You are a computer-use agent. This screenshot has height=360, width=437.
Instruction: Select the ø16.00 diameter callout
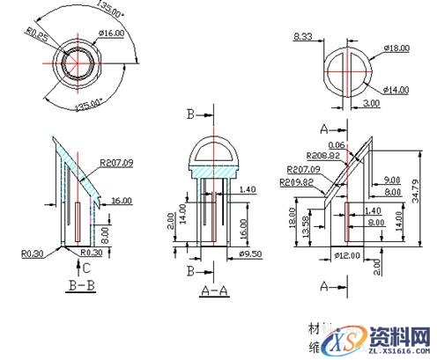click(x=110, y=33)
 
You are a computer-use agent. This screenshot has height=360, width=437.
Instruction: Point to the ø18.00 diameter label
click(x=397, y=48)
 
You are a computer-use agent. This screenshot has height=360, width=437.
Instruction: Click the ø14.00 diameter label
click(x=396, y=89)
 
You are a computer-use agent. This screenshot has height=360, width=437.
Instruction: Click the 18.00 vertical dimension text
click(x=292, y=217)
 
